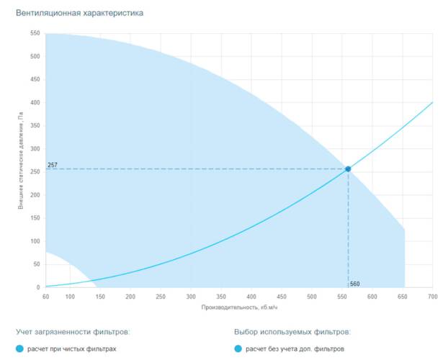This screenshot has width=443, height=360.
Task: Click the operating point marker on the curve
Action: (348, 169)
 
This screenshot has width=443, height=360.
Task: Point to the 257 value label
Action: (53, 165)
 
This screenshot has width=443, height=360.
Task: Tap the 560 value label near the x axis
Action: (354, 284)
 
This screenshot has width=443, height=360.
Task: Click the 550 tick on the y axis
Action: (35, 34)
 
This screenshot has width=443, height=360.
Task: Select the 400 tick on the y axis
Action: (35, 103)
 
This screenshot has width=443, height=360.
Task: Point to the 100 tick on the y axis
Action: (35, 241)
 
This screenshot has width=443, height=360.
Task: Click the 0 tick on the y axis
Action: (37, 287)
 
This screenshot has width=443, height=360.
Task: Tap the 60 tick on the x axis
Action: (46, 297)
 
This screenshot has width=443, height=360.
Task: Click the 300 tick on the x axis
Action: (191, 297)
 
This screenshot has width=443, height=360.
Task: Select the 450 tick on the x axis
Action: (282, 297)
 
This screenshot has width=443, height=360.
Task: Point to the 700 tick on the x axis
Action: (432, 297)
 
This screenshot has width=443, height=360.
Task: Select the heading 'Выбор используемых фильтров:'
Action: (292, 332)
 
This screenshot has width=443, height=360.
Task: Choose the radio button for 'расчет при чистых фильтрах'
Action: (20, 349)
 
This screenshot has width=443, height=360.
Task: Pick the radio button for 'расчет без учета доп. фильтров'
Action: (238, 349)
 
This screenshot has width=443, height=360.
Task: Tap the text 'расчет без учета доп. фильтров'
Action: (295, 349)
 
